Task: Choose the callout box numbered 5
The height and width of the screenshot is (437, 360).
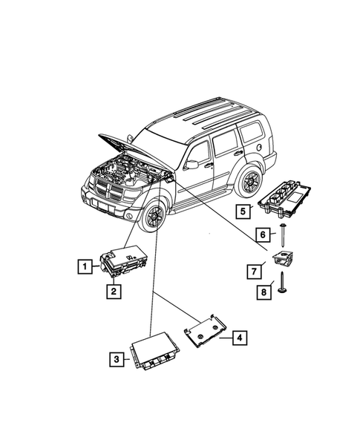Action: coord(242,211)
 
